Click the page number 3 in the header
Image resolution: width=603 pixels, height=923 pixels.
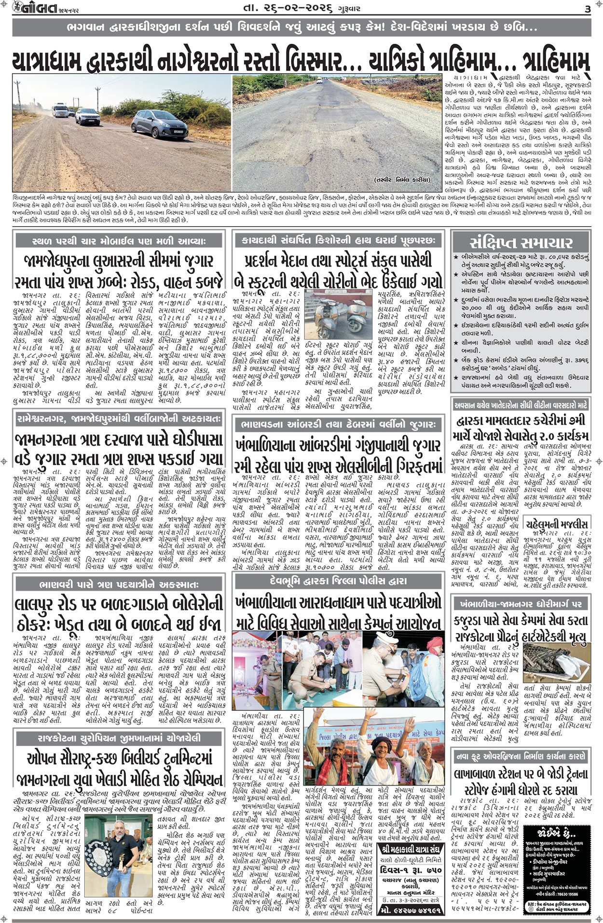tap(588, 8)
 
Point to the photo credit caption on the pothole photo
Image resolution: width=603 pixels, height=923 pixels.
tap(401, 180)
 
